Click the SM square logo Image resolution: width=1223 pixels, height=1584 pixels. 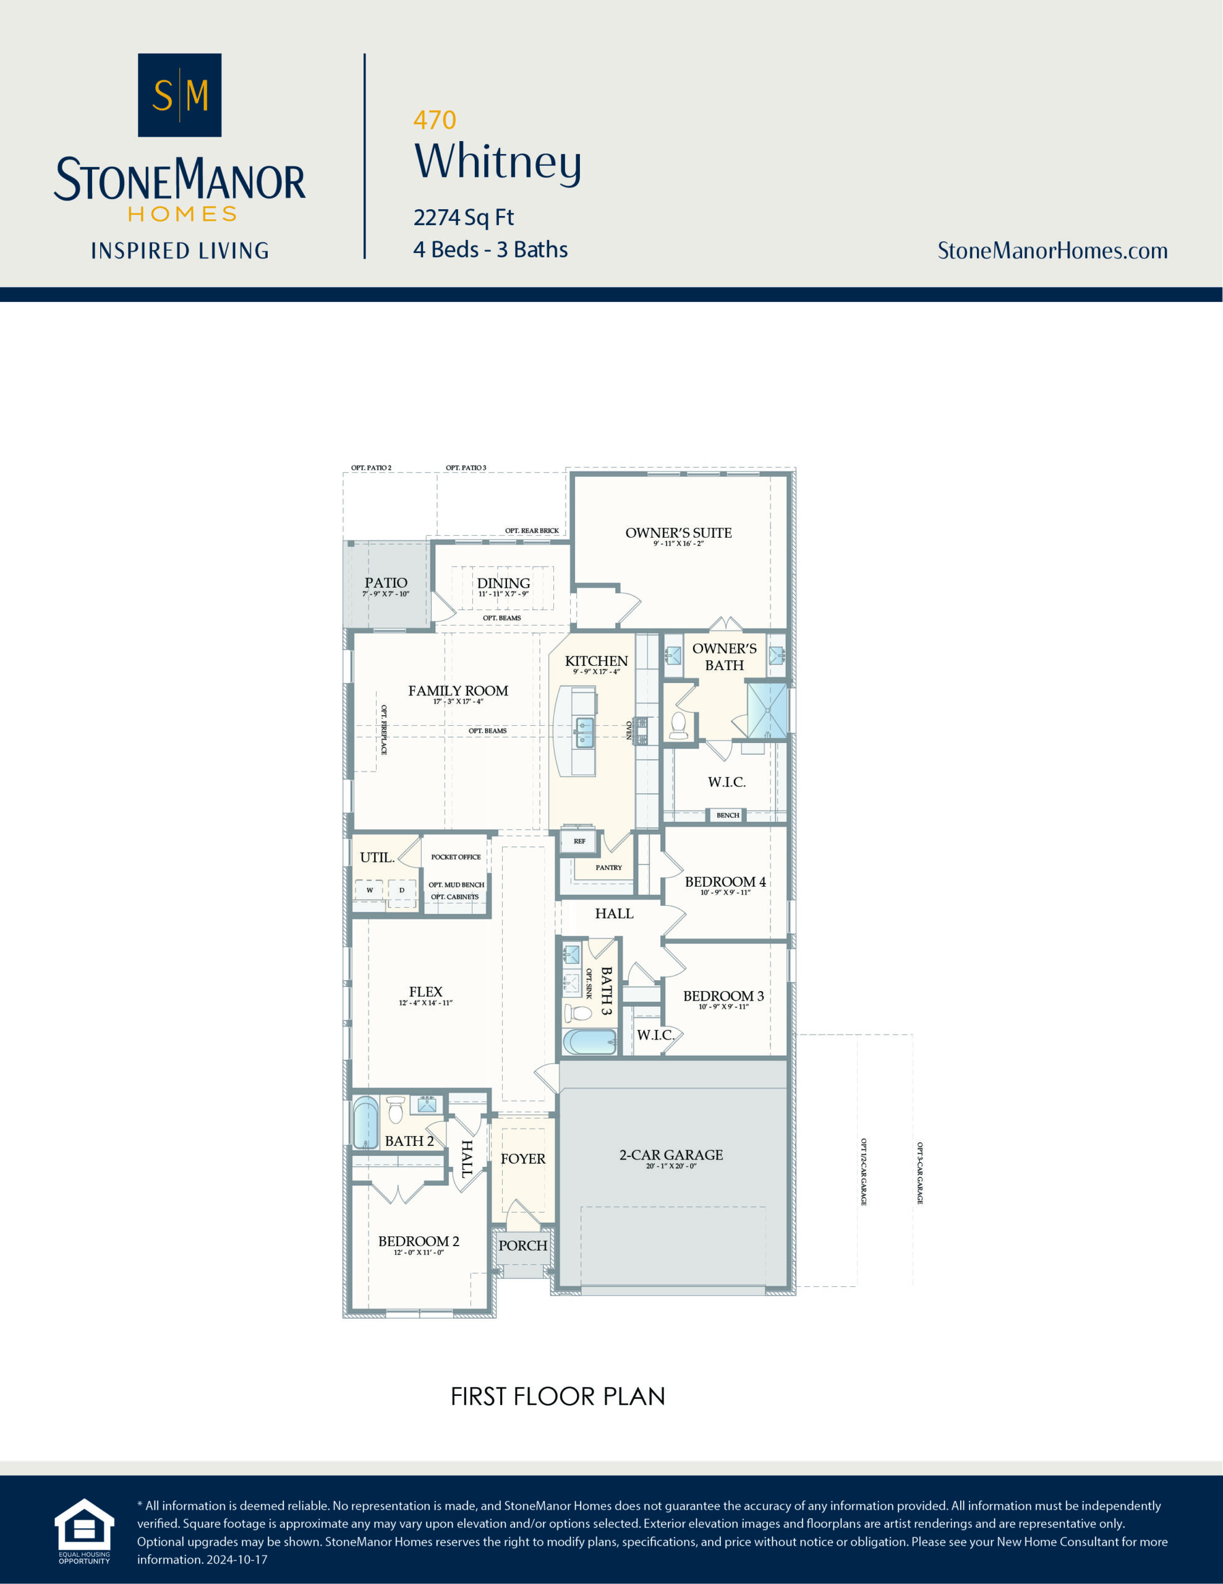(179, 95)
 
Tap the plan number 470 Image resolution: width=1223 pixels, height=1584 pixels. (434, 119)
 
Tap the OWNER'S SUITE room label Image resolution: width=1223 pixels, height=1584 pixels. (678, 533)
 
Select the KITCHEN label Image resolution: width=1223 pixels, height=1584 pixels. (596, 661)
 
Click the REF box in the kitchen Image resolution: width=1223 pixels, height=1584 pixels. (579, 841)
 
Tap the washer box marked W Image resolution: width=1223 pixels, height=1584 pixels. (369, 890)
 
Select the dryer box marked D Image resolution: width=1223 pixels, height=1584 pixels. (402, 890)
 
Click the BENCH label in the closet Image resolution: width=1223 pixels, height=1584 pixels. (727, 816)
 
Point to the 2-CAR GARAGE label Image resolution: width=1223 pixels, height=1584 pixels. (671, 1155)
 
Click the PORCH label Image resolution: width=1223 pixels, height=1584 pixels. (522, 1246)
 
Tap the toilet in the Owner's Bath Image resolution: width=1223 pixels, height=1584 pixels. (678, 725)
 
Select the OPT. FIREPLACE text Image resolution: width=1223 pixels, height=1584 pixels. (384, 730)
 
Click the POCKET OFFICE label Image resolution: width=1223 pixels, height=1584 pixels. (455, 856)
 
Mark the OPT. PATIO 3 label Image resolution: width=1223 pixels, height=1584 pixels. (466, 468)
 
